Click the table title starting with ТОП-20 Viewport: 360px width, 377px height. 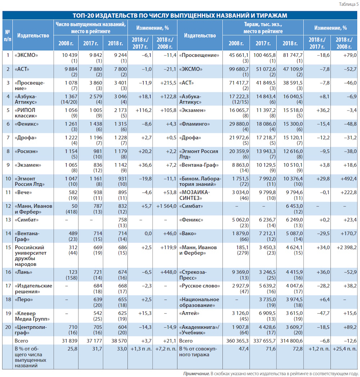coord(180,15)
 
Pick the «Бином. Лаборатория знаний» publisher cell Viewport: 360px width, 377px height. coord(200,181)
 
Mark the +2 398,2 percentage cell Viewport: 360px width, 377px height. coord(347,247)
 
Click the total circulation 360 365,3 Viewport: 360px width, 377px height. coord(238,341)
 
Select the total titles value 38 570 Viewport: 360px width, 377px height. coord(119,341)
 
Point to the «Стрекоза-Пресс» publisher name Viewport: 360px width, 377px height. coord(193,275)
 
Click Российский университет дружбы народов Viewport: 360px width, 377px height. coord(31,256)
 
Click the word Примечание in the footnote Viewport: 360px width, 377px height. coord(196,373)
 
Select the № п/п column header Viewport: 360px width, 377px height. coord(8,35)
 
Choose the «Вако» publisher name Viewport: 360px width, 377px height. coord(188,233)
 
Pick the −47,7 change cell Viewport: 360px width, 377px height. coord(323,313)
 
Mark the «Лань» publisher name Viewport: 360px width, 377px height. coord(23,272)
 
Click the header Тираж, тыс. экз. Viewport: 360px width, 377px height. coord(263,24)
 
